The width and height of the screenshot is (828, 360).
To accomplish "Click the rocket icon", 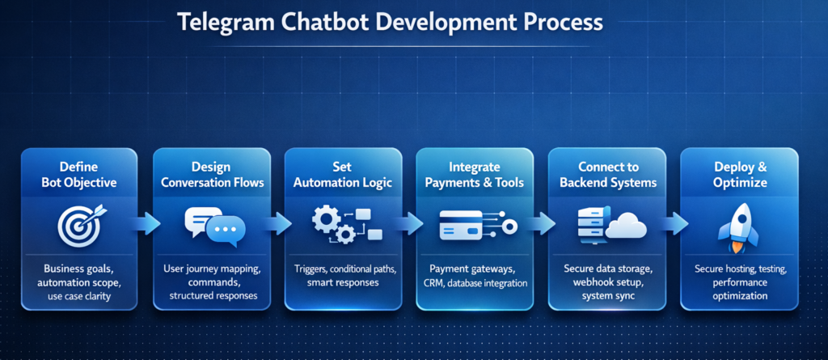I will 737,226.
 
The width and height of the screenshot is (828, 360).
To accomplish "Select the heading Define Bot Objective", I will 79,175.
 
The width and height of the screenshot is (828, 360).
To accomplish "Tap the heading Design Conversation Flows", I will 212,175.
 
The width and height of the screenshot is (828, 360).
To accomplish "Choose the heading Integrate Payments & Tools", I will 475,175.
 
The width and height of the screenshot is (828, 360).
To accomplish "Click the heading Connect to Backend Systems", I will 607,175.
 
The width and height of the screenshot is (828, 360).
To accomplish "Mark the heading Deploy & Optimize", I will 740,175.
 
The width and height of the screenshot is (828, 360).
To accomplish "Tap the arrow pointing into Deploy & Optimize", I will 674,223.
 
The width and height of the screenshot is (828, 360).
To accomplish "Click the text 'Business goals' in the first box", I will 79,268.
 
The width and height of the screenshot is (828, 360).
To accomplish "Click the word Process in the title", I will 559,22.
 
